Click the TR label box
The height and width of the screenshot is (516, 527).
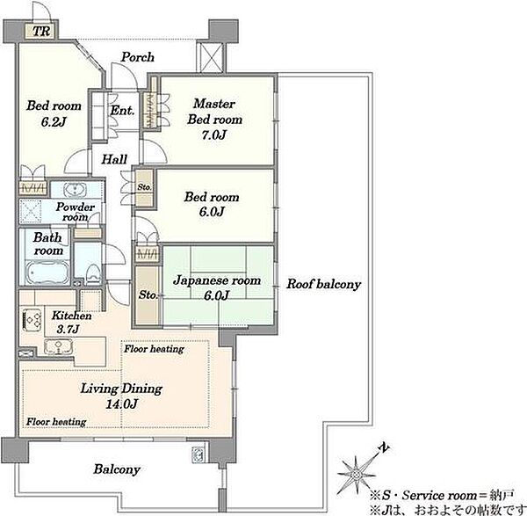pos(41,31)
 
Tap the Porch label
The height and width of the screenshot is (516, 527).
pos(138,57)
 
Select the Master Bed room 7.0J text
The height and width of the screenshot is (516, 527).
pos(214,119)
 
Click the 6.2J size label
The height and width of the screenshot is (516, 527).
pos(54,122)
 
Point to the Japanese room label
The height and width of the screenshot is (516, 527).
pos(217,280)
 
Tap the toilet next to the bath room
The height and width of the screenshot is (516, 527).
pos(93,273)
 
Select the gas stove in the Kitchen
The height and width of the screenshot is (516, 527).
pos(32,320)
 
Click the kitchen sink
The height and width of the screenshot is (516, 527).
pos(58,347)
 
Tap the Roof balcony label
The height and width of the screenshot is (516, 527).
pos(323,284)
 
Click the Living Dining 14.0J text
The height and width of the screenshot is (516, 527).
pos(121,396)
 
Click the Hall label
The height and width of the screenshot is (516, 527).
pos(114,159)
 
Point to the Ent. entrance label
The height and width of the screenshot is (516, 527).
pos(122,111)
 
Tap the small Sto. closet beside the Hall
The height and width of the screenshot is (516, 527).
pos(145,187)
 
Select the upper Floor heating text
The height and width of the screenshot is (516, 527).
pos(154,349)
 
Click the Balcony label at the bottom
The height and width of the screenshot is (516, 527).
pos(117,469)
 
